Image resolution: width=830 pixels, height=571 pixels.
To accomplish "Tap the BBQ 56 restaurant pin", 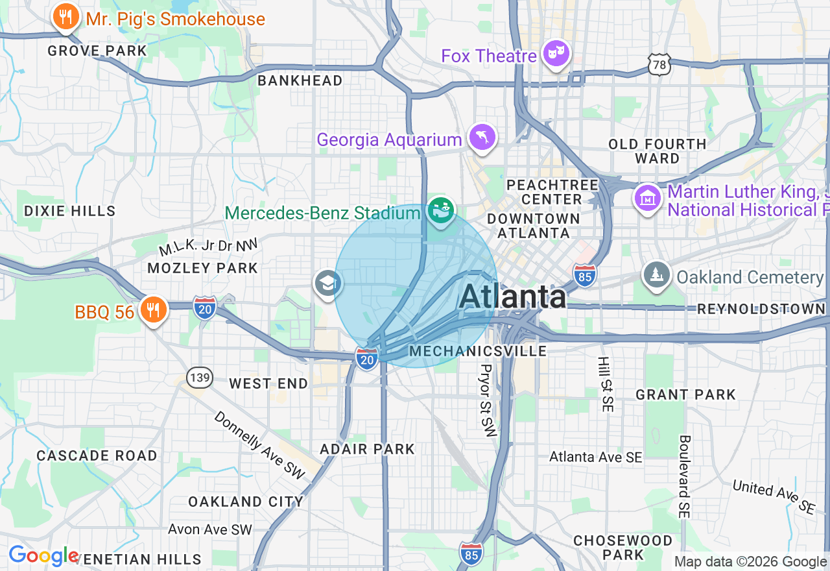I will pyautogui.click(x=153, y=311).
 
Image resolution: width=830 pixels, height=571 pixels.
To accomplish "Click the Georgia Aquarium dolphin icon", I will pyautogui.click(x=482, y=138).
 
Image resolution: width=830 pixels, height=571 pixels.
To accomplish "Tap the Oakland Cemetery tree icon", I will pyautogui.click(x=658, y=276).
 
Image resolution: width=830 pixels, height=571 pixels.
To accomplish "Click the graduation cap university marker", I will pyautogui.click(x=328, y=283).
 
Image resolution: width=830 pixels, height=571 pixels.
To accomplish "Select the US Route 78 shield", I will pyautogui.click(x=658, y=65).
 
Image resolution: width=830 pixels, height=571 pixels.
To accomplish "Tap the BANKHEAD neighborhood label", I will pyautogui.click(x=300, y=80).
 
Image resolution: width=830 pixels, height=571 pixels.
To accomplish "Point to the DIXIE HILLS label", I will pyautogui.click(x=69, y=211).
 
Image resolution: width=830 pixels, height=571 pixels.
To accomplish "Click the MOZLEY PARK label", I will pyautogui.click(x=202, y=268).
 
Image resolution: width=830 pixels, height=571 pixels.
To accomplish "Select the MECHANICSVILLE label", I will pyautogui.click(x=479, y=351).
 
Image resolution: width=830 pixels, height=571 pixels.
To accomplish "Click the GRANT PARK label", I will pyautogui.click(x=685, y=395).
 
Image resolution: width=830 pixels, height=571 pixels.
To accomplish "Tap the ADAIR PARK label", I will pyautogui.click(x=367, y=449).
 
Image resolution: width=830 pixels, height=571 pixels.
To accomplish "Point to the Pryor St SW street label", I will pyautogui.click(x=487, y=400).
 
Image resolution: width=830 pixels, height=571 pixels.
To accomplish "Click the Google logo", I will pyautogui.click(x=43, y=556).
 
